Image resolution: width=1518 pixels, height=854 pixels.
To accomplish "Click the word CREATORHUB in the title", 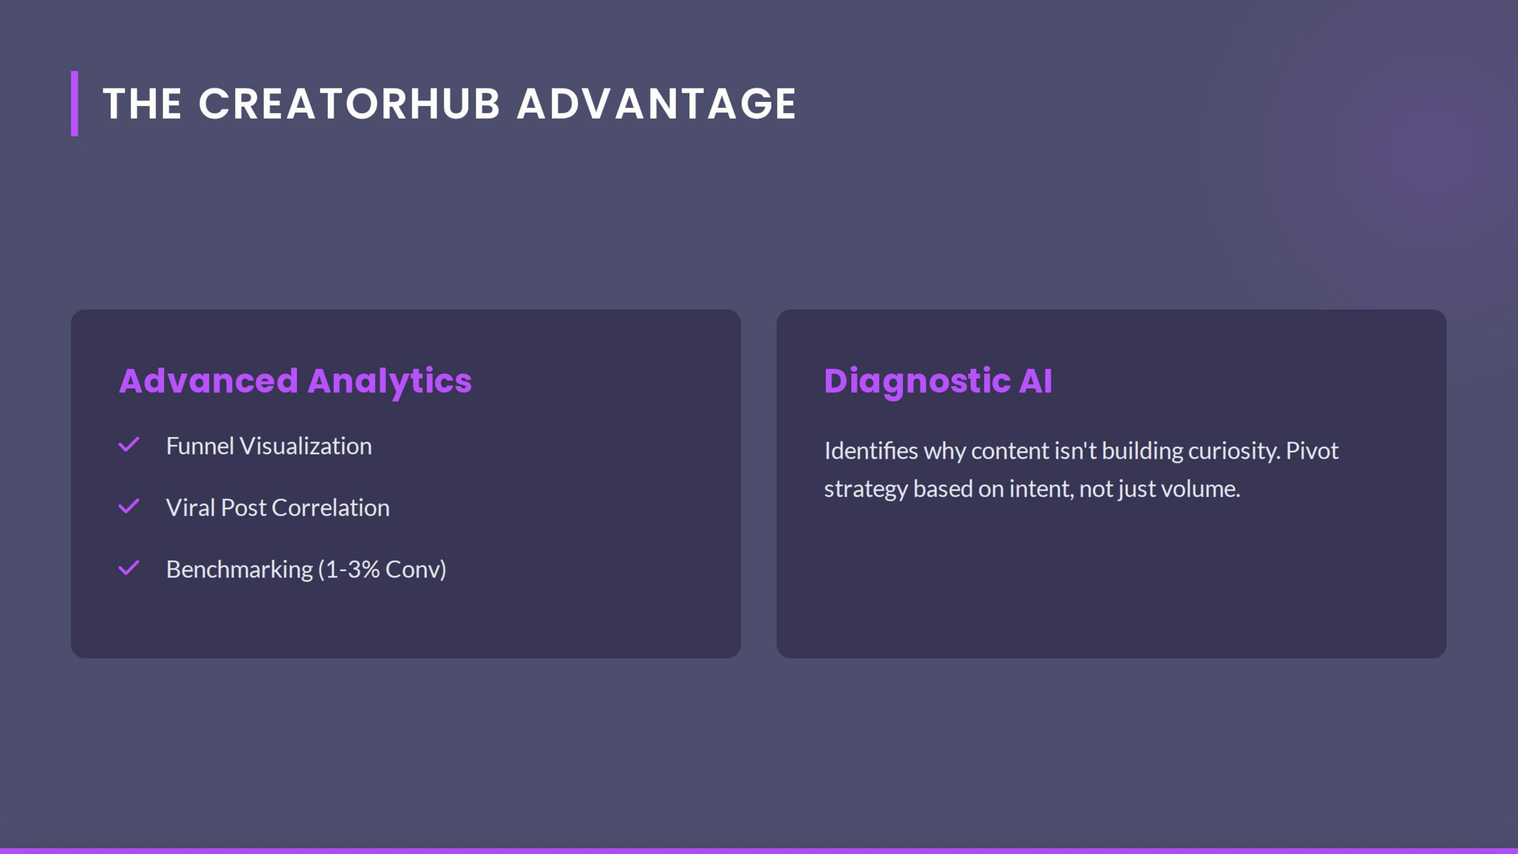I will coord(349,104).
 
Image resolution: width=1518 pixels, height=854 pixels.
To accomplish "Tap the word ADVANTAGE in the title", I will coord(657,104).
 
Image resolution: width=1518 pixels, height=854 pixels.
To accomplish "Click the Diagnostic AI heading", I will coord(937,381).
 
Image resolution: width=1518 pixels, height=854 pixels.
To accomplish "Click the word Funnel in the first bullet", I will coord(200,446).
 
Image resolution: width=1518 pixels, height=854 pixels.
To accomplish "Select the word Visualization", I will coord(305,446).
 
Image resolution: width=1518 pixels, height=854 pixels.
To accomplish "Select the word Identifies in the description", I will coord(871,451).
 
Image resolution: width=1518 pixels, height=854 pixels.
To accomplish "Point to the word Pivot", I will coord(1312,451).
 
